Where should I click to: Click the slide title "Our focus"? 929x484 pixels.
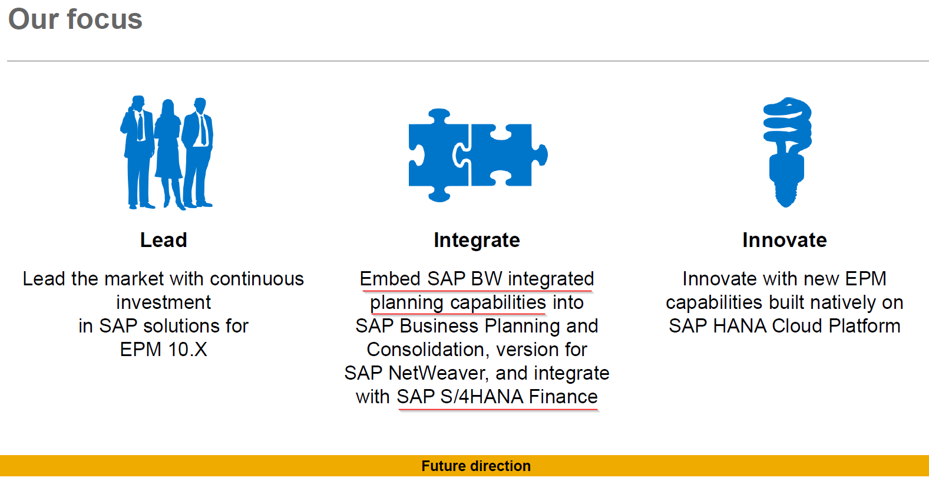tap(75, 19)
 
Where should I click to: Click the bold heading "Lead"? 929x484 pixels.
tap(163, 240)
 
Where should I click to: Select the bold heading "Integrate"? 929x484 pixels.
tap(477, 240)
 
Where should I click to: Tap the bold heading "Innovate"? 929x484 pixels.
tap(784, 240)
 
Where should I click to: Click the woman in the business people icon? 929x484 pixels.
tap(167, 149)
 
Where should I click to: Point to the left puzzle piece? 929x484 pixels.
tap(438, 155)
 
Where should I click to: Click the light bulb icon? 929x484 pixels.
tap(787, 152)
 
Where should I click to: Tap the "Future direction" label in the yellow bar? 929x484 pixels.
tap(476, 466)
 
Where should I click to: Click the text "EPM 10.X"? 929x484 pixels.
tap(163, 350)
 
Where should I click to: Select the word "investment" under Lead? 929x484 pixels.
tap(163, 302)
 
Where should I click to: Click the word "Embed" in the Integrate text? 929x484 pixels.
tap(390, 278)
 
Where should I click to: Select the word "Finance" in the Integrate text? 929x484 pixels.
tap(563, 397)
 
